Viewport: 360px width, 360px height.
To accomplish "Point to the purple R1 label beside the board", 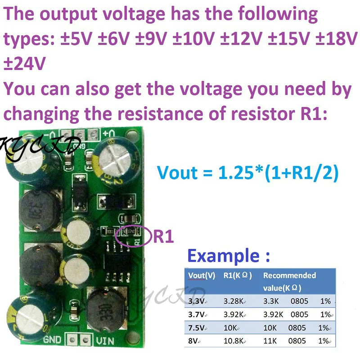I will click(x=163, y=236).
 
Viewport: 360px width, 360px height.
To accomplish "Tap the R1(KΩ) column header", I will click(x=237, y=275).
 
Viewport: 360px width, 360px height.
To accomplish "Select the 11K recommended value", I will click(x=270, y=341).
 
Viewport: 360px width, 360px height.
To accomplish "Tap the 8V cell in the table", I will click(x=193, y=341).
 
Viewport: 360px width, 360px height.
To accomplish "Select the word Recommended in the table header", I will click(x=289, y=275).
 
